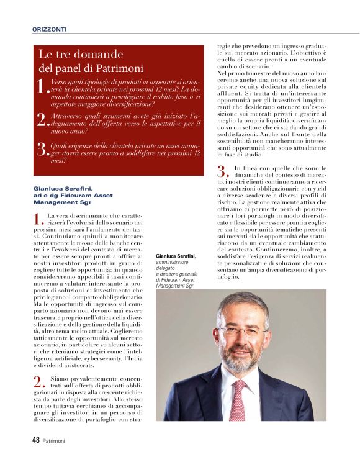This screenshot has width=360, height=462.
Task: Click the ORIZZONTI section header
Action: (x=49, y=29)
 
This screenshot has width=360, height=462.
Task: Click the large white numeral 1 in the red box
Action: (x=42, y=87)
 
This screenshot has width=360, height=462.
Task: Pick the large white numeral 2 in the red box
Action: (x=42, y=119)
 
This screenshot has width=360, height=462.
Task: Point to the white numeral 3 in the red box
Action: (x=42, y=150)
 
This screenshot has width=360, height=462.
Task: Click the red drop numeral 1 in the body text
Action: (x=37, y=219)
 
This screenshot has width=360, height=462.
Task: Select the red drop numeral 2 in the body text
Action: (x=37, y=381)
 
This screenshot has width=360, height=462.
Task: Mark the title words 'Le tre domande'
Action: (x=81, y=55)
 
